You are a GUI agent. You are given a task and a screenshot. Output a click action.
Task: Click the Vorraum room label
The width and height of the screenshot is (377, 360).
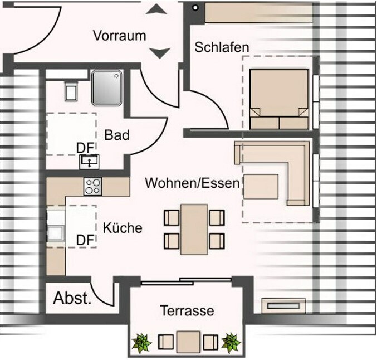tap(119, 36)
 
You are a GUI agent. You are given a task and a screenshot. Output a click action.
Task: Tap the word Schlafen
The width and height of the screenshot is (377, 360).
tap(221, 47)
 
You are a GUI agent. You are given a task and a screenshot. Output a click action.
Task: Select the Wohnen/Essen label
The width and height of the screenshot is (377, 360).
tap(192, 182)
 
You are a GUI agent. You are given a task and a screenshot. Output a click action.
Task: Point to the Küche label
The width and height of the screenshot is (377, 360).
tap(123, 227)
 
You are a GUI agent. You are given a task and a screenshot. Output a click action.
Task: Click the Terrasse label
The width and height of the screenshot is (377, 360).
tap(187, 310)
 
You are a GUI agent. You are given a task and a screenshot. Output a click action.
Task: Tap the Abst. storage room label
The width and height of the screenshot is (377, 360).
tap(72, 298)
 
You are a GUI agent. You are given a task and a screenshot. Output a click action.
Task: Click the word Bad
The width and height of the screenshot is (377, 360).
tap(117, 135)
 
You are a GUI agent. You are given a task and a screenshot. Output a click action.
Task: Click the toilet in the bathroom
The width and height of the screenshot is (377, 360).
tap(70, 90)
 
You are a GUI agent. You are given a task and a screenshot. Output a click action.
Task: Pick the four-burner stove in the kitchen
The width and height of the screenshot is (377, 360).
tap(92, 186)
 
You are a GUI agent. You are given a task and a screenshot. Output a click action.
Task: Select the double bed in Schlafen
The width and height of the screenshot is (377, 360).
tap(279, 99)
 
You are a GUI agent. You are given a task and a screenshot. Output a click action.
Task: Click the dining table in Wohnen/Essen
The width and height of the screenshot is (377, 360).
tap(194, 228)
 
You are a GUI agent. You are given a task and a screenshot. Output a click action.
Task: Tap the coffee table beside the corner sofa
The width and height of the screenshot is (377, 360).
tap(261, 187)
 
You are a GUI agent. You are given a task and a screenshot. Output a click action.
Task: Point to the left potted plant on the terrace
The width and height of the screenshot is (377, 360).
tap(142, 342)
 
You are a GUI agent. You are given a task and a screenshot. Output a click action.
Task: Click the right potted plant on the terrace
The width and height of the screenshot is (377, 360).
tap(231, 342)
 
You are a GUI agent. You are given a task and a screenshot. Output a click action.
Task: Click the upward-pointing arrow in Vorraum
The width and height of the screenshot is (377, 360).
tap(160, 9)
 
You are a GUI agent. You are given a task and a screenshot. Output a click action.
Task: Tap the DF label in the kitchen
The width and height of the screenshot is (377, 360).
tap(84, 240)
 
